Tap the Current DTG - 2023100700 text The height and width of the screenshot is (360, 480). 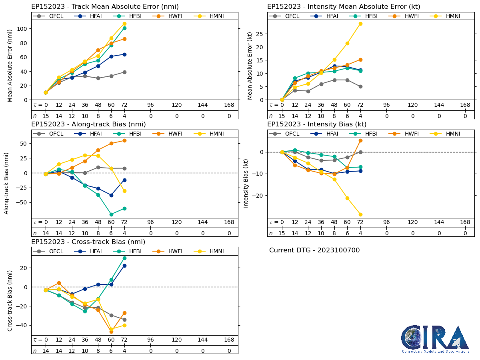coord(314,250)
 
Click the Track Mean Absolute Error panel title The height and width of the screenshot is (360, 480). coord(105,6)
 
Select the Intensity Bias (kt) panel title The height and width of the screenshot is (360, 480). coord(317,124)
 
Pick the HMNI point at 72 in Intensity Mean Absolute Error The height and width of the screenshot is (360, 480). coord(360,24)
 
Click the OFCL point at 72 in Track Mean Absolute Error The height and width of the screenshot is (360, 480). coord(124,72)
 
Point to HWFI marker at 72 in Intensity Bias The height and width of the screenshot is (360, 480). coord(360,140)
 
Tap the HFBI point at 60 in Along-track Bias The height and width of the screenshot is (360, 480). coord(111,214)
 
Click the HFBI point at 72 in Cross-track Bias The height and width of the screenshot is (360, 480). coord(124,258)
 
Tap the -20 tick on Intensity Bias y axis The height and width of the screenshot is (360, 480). coord(260,196)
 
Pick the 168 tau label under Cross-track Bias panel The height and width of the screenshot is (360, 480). coord(229,340)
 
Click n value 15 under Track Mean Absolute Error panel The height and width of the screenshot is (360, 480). coord(46,116)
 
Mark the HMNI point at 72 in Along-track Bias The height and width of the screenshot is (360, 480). coord(124,191)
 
